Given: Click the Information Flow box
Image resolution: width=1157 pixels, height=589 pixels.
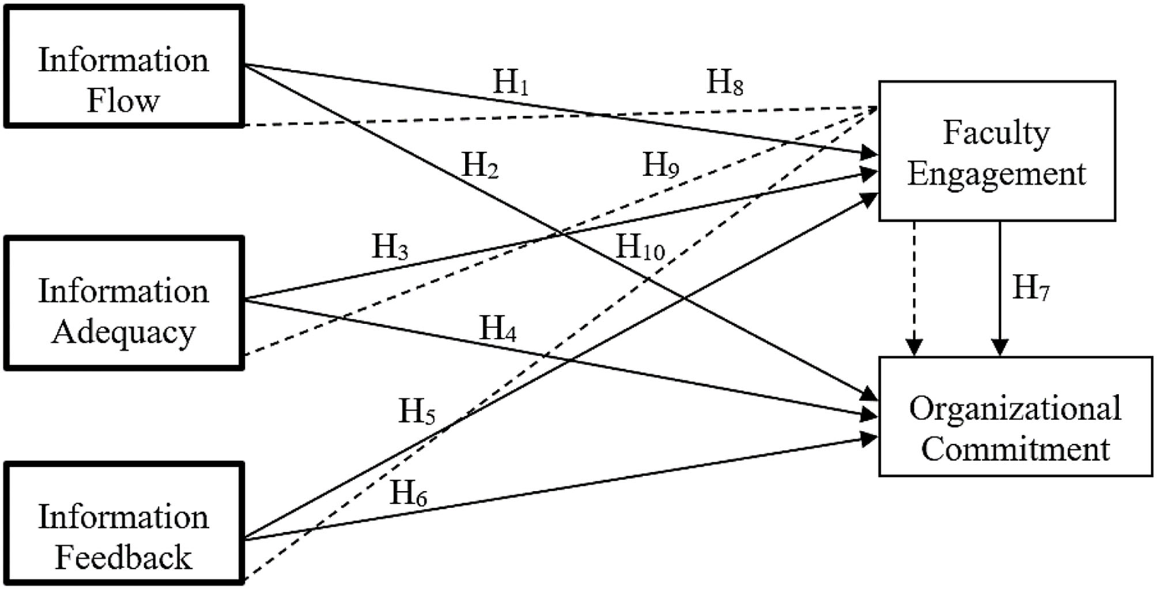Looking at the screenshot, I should [x=124, y=66].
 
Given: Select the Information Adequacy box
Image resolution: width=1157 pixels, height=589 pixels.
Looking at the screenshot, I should [x=124, y=303].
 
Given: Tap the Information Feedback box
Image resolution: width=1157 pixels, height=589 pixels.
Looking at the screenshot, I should [x=124, y=523].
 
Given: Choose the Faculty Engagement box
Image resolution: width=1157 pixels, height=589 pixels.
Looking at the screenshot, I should [x=996, y=151].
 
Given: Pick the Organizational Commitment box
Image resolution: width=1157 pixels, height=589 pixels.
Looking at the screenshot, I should [x=1015, y=416].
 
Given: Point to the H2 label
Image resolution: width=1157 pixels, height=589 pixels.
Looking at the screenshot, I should [x=481, y=166].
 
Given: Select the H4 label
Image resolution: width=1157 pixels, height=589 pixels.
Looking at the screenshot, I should [x=498, y=329].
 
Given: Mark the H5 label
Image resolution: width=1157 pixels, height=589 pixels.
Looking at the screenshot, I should [x=417, y=412].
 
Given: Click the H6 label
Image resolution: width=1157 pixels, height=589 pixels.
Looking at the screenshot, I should [x=409, y=493].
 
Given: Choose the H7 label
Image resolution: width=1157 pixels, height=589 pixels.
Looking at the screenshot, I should [x=1031, y=288].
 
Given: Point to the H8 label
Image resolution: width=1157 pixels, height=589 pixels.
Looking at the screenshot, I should [x=725, y=83].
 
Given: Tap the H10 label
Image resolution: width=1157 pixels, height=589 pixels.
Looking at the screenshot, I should [x=641, y=248].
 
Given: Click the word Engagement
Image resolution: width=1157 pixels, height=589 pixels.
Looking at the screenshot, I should [x=996, y=174].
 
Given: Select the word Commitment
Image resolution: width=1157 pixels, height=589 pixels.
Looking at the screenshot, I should [x=1015, y=449].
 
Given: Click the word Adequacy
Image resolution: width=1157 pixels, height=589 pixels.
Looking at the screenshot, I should [x=123, y=333].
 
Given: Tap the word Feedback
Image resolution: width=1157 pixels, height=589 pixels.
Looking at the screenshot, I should [x=123, y=558].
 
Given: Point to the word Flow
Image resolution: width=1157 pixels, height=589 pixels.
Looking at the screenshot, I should [x=123, y=101].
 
